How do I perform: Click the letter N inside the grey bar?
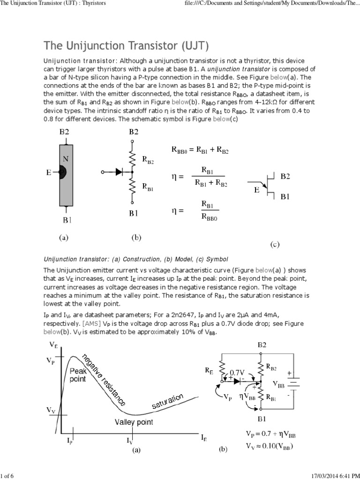66,159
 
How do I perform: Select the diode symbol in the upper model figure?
119,172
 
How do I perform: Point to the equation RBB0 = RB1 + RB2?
200,150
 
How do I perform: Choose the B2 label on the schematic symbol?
285,177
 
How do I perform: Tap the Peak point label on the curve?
78,375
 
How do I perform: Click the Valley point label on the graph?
134,422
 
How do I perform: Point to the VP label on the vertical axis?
51,361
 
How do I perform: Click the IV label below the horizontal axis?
129,441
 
